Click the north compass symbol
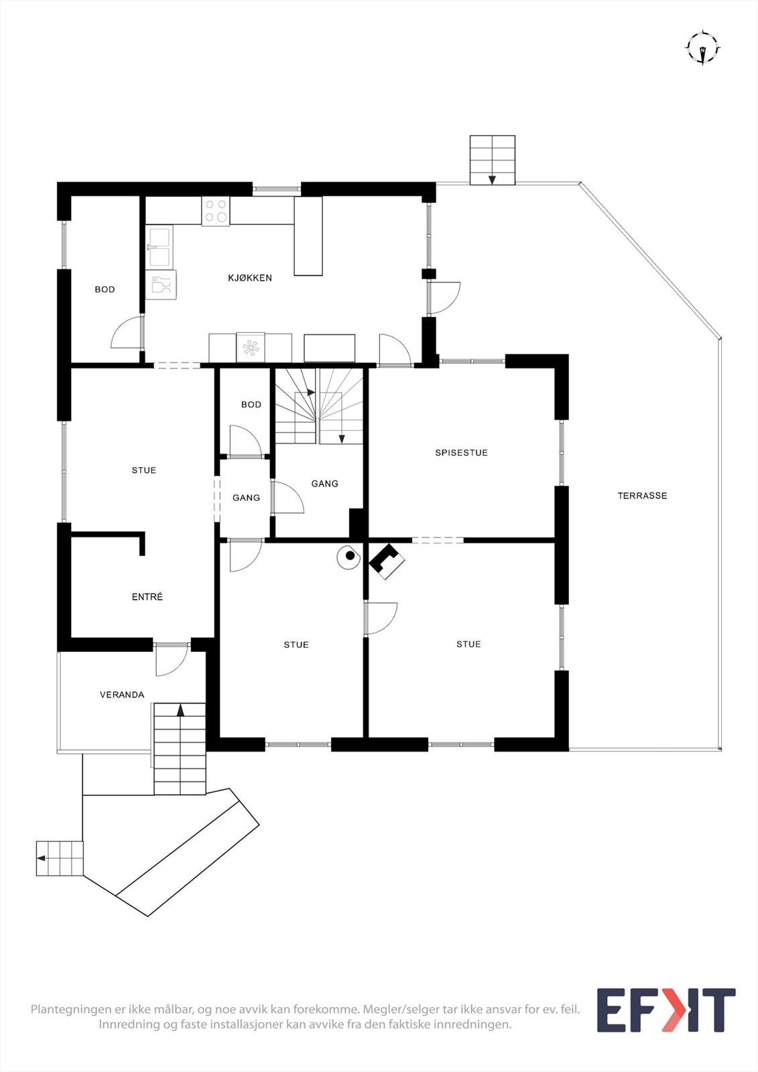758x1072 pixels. pos(702,48)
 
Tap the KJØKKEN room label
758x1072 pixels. pos(250,277)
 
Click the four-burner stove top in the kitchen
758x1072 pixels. pos(215,210)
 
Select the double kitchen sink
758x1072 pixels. pos(160,246)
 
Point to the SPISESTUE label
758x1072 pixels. pos(461,453)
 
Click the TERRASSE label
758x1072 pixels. pos(642,496)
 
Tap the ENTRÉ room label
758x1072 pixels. pos(147,597)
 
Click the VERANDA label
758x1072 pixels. pos(122,695)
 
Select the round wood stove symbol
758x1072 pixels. pos(349,555)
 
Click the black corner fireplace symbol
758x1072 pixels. pos(387,561)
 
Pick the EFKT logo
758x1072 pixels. pos(666,1010)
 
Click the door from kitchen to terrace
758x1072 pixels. pos(444,297)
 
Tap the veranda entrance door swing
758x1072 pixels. pos(171,661)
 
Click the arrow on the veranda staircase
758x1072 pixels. pos(180,710)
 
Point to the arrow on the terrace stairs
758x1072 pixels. pos(492,178)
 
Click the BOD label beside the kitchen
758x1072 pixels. pos(105,289)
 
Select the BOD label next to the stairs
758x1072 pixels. pos(251,405)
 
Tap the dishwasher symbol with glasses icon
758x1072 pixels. pos(161,285)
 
